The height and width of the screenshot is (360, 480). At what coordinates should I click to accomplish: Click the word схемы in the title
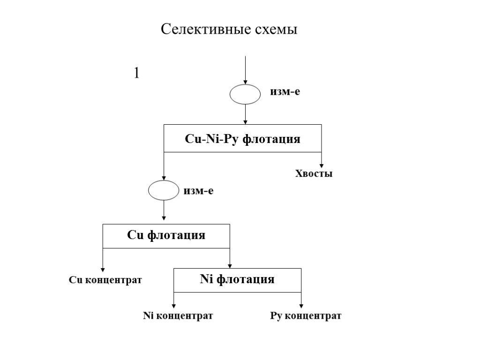[276, 30]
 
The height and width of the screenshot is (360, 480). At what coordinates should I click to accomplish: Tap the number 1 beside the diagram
[137, 73]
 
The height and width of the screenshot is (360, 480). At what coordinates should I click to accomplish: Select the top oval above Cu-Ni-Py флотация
[245, 94]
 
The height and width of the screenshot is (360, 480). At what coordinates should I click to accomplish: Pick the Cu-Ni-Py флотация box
[242, 138]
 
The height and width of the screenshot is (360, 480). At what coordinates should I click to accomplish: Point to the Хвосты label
[314, 174]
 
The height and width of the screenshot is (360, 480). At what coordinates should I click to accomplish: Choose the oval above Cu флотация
[164, 191]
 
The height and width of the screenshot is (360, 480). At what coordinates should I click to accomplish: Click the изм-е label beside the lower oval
[199, 191]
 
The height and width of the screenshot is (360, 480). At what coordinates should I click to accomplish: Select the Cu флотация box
[166, 236]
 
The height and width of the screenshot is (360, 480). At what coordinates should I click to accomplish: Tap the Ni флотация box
[237, 280]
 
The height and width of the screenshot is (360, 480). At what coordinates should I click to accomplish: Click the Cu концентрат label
[105, 280]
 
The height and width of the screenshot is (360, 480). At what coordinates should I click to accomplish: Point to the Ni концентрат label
[178, 316]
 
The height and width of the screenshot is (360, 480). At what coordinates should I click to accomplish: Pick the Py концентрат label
[306, 316]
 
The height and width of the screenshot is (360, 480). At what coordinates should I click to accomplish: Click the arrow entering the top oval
[245, 70]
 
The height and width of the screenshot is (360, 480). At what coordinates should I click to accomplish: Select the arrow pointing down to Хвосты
[322, 159]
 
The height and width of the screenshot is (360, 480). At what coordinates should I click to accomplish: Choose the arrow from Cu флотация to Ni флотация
[230, 258]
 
